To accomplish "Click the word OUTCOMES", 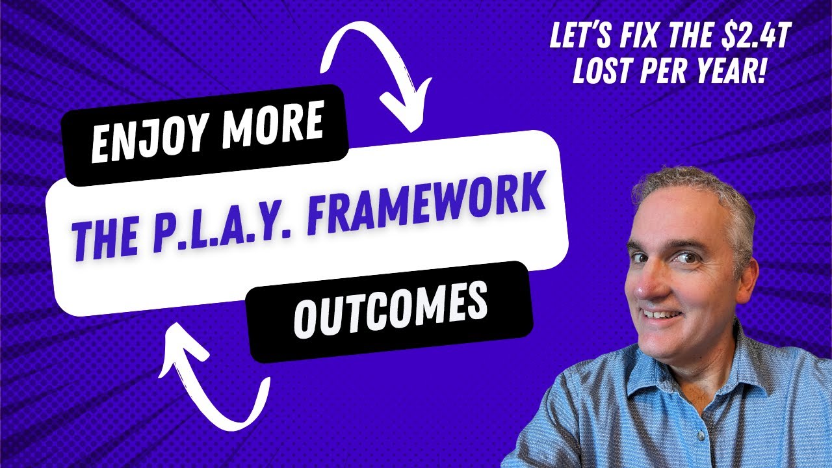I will point(390,313).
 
